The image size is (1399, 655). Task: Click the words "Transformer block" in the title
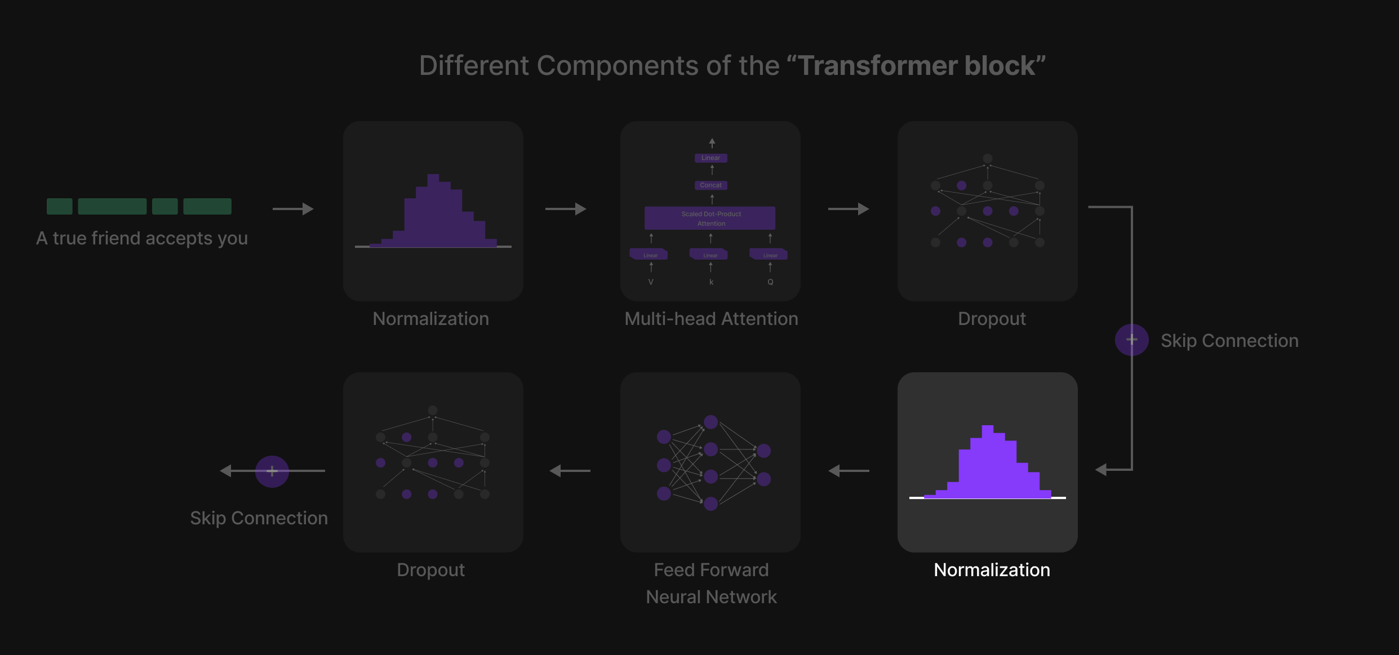click(x=917, y=66)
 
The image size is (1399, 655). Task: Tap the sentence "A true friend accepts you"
click(x=142, y=238)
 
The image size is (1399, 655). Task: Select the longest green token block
click(x=112, y=206)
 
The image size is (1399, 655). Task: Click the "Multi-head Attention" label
click(x=711, y=319)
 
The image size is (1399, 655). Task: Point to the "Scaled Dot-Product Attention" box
click(x=710, y=219)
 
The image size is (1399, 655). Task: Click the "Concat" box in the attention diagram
click(x=710, y=185)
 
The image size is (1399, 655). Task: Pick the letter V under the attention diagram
click(x=651, y=282)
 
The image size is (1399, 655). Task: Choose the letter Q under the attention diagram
click(x=770, y=282)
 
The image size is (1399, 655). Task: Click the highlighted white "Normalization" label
click(x=992, y=570)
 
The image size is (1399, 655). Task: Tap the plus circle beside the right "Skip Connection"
click(x=1131, y=340)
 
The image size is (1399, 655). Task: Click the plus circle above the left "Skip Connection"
click(x=272, y=471)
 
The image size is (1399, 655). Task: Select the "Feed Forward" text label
click(x=711, y=570)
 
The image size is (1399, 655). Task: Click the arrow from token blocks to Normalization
click(x=293, y=209)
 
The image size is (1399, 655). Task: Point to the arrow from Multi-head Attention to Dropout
click(x=849, y=209)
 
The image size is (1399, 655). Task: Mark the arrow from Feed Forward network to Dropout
click(x=570, y=471)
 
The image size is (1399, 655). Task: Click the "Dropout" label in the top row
click(x=992, y=319)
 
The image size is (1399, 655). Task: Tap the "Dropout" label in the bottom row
click(x=430, y=570)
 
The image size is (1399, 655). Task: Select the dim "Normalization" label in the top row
click(x=430, y=319)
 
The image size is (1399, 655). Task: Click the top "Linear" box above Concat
click(x=710, y=158)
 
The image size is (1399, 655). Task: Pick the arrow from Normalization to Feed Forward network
click(x=849, y=471)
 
